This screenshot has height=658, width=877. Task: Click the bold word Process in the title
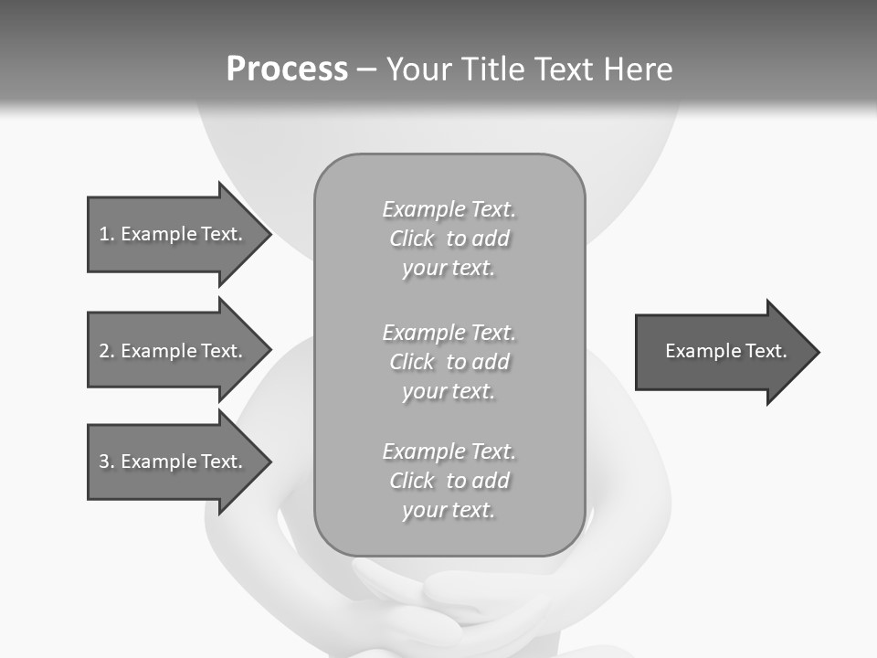pyautogui.click(x=287, y=69)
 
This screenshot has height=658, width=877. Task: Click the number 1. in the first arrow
pyautogui.click(x=107, y=234)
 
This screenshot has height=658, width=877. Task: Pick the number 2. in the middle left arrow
pyautogui.click(x=107, y=351)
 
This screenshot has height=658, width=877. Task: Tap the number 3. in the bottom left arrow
pyautogui.click(x=107, y=462)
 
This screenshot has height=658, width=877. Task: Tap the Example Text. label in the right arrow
pyautogui.click(x=725, y=351)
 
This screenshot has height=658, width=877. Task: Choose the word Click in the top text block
pyautogui.click(x=412, y=239)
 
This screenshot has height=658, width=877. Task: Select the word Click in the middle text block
pyautogui.click(x=412, y=363)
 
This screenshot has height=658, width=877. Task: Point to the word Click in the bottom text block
pyautogui.click(x=412, y=482)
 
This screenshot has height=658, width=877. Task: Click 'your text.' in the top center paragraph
pyautogui.click(x=448, y=269)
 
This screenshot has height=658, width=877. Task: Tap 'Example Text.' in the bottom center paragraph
pyautogui.click(x=449, y=451)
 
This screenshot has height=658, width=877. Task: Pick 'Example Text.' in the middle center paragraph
pyautogui.click(x=449, y=333)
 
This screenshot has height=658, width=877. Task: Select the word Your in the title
pyautogui.click(x=419, y=69)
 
